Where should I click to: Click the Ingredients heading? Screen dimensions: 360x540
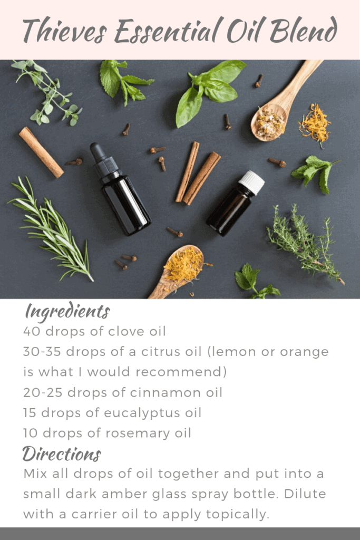pos(67,312)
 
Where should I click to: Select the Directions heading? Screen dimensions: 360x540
pos(62,454)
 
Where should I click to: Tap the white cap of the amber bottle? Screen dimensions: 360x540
pos(251,182)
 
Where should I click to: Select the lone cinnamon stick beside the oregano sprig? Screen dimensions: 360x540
pos(41,152)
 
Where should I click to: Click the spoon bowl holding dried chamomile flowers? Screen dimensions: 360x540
pos(269,122)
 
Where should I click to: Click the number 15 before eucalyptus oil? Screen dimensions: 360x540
pos(30,413)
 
